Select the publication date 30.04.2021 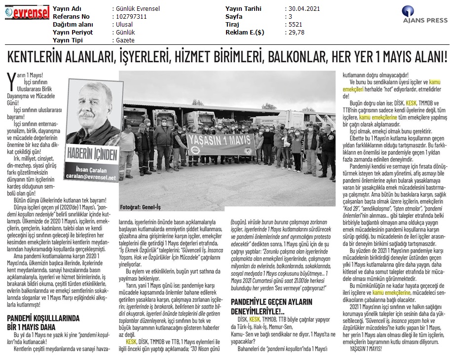pos(304,9)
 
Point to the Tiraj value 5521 pos(295,25)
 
